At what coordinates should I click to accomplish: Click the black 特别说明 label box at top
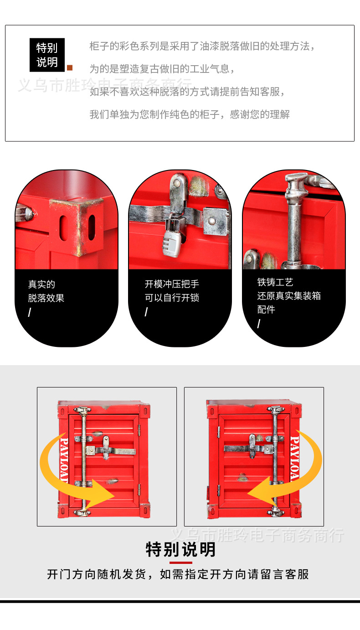click(x=47, y=55)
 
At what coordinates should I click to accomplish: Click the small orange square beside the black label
click(x=70, y=68)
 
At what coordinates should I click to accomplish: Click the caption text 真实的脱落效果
click(x=46, y=291)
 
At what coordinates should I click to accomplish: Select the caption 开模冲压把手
click(x=172, y=284)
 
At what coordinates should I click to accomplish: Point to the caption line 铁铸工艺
click(x=275, y=282)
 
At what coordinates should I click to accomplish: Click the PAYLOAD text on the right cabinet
click(x=295, y=459)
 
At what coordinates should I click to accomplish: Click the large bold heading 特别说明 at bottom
click(x=180, y=549)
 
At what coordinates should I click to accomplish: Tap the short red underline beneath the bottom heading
click(x=180, y=563)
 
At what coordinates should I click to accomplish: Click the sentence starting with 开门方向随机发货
click(x=178, y=574)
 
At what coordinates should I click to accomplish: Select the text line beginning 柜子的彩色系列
click(x=202, y=46)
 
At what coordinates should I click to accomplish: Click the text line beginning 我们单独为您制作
click(x=189, y=114)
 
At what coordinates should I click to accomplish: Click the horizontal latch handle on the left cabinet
click(x=112, y=451)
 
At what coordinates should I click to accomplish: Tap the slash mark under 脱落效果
click(x=30, y=313)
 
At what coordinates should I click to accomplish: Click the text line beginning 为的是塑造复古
click(x=162, y=69)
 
